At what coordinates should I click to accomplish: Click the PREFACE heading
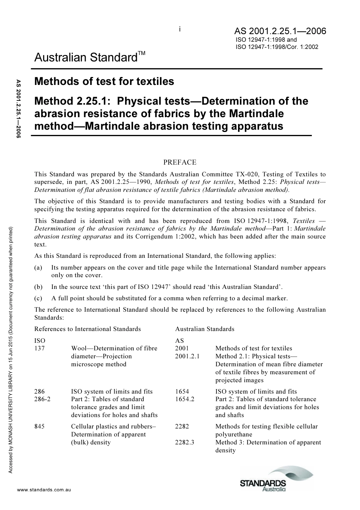(180, 162)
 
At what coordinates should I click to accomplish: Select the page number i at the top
(180, 29)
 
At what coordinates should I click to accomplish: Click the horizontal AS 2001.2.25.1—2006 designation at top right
(280, 31)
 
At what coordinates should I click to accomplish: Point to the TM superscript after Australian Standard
(141, 53)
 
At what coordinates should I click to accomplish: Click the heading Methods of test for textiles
(104, 82)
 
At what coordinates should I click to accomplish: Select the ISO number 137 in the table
(39, 348)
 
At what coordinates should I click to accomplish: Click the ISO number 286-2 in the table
(42, 399)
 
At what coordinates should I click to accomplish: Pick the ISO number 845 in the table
(39, 426)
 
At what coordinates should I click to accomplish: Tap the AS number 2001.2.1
(187, 356)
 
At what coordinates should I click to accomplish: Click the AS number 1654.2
(185, 399)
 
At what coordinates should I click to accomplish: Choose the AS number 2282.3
(185, 442)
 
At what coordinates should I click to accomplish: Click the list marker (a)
(38, 267)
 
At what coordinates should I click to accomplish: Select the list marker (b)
(38, 287)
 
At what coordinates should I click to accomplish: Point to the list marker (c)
(38, 298)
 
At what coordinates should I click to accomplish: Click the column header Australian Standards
(205, 329)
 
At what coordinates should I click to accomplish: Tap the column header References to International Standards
(88, 329)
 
